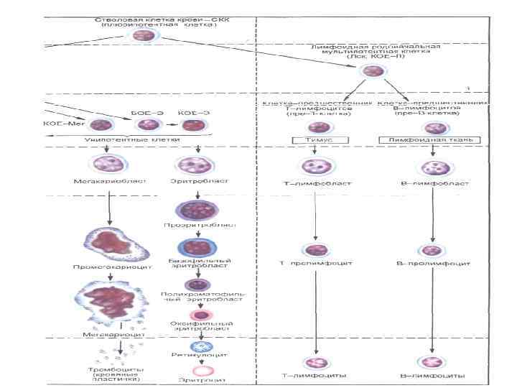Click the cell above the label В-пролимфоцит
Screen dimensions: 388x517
(432, 251)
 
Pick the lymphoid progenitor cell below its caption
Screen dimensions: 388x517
(373, 71)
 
